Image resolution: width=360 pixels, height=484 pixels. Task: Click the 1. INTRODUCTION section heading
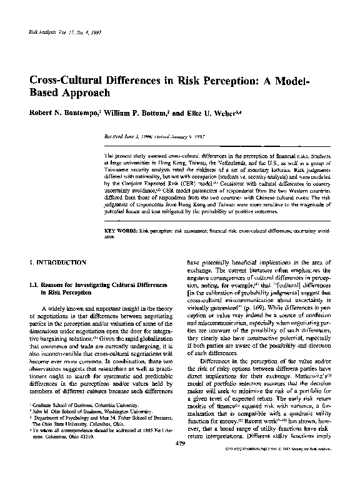pyautogui.click(x=59, y=263)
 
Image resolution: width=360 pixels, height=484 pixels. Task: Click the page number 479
pyautogui.click(x=180, y=461)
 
